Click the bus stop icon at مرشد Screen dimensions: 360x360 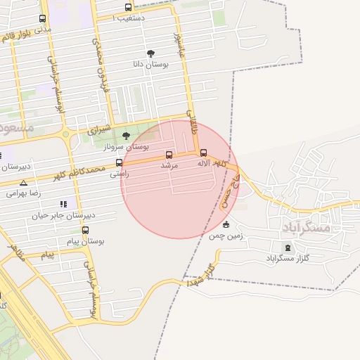169,155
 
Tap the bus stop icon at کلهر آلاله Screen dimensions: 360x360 204,153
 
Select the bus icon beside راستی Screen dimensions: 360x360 119,162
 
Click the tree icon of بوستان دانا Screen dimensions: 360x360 150,53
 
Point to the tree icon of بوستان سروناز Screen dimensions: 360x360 127,136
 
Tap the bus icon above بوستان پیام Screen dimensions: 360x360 86,230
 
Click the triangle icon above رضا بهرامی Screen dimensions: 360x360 23,182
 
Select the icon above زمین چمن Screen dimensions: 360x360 226,225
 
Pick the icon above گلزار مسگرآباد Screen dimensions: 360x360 285,247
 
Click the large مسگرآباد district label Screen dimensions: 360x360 307,228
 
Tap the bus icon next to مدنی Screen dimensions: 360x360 43,19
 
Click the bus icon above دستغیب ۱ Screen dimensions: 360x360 128,7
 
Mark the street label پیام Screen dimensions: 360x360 47,255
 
